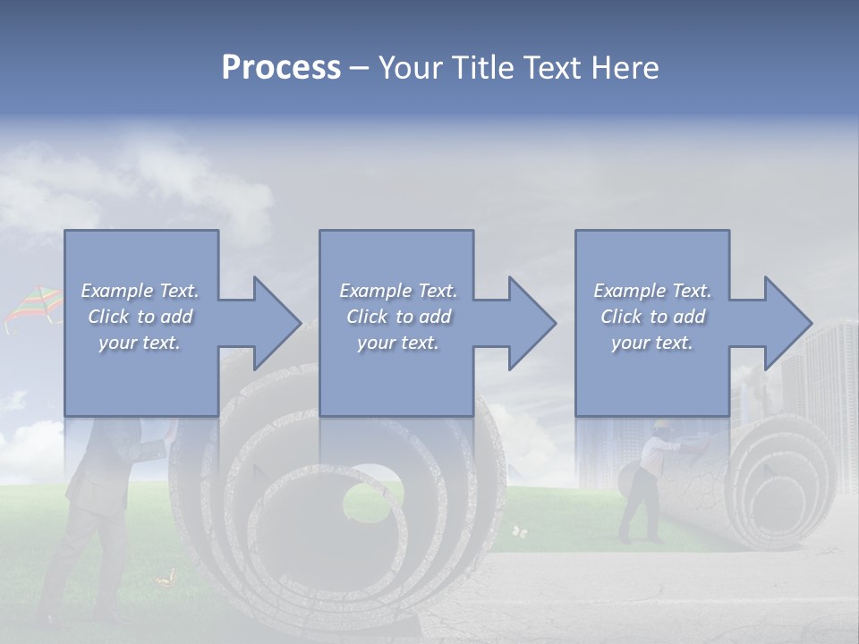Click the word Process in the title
281,68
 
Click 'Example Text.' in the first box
140,291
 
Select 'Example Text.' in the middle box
397,291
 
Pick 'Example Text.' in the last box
652,291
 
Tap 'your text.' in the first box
140,343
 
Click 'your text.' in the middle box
397,343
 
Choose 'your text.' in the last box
652,343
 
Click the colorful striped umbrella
34,307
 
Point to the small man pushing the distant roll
646,483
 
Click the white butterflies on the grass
520,532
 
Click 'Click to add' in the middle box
397,317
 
